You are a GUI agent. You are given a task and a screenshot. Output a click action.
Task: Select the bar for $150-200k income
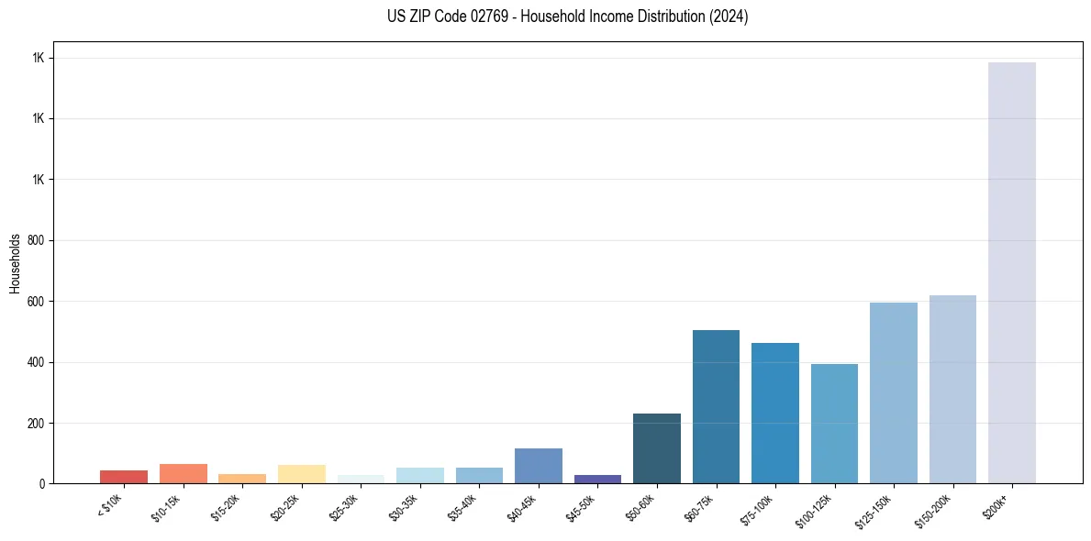click(x=952, y=389)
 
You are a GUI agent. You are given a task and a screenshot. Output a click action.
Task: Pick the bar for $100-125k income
click(x=834, y=423)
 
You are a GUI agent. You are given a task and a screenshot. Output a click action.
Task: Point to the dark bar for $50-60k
click(x=657, y=448)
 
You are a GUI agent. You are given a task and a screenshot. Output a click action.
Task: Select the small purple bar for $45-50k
click(x=597, y=479)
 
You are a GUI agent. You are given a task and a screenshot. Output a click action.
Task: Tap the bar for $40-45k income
click(x=539, y=466)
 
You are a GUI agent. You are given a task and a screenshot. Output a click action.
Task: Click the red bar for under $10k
click(x=124, y=477)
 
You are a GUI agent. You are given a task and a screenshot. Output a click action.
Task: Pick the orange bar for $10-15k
click(x=183, y=473)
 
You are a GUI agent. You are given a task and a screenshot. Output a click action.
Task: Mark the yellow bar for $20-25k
click(x=301, y=474)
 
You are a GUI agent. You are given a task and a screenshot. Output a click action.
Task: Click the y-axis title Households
click(x=15, y=262)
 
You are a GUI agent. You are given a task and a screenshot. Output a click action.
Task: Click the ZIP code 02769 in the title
click(x=473, y=17)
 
